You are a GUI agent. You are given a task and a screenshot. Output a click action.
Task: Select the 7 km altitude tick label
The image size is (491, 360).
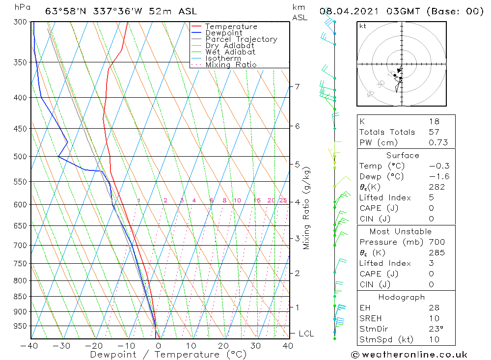point(297,87)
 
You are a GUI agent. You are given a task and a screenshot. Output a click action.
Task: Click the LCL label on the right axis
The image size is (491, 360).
point(306,334)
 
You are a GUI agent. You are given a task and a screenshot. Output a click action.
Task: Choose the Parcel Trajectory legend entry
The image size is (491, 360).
point(241,39)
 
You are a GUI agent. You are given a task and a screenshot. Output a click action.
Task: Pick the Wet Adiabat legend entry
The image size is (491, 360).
point(230,52)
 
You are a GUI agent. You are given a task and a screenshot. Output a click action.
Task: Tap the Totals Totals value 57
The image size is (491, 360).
point(434,132)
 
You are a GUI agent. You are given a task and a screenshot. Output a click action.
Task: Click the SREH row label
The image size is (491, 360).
point(371,319)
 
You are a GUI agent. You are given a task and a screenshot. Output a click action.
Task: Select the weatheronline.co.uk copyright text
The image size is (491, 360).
point(409,355)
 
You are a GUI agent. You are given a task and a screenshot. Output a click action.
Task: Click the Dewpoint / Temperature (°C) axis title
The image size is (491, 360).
point(168,355)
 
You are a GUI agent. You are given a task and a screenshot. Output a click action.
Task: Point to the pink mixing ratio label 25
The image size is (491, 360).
point(283,200)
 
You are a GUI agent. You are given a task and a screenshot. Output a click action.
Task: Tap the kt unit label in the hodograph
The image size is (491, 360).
point(363,26)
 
